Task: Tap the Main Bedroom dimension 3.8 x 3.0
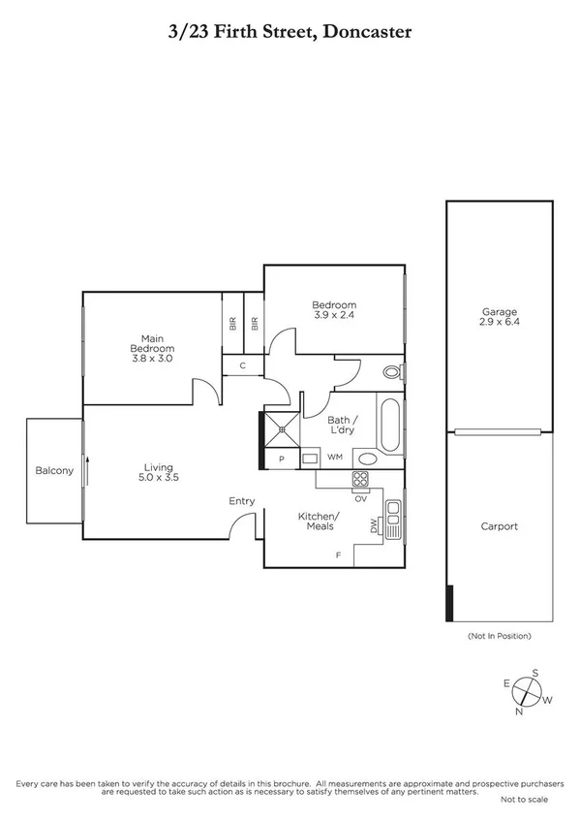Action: click(x=152, y=358)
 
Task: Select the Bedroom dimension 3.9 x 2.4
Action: click(x=334, y=314)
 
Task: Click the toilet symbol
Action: click(x=391, y=371)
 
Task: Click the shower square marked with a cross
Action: click(x=282, y=427)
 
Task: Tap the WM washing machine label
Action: click(x=335, y=457)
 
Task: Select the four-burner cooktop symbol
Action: click(x=359, y=479)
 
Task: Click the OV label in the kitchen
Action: click(x=359, y=498)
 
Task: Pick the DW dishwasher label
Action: click(x=373, y=526)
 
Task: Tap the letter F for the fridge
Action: click(x=337, y=555)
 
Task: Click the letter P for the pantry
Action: click(x=282, y=458)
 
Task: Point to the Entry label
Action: click(x=241, y=501)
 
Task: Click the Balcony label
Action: click(x=54, y=470)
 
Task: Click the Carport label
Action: click(x=500, y=526)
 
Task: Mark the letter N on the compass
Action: click(x=519, y=711)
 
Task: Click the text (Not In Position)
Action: click(x=500, y=636)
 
